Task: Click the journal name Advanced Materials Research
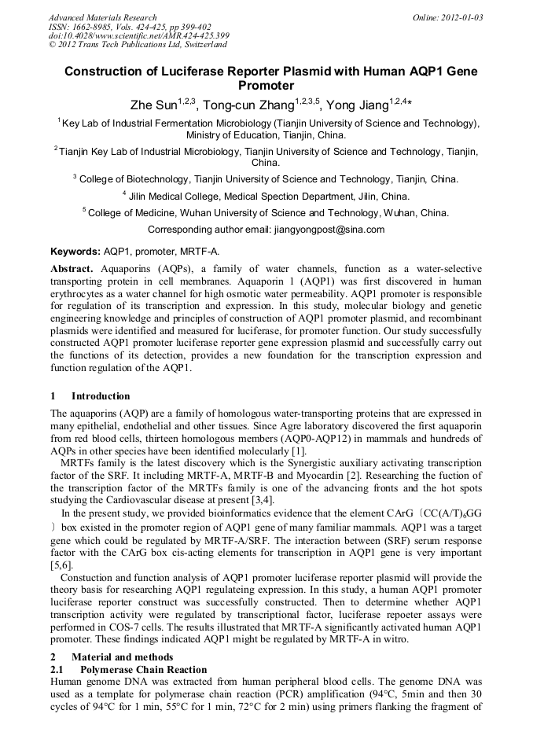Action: click(x=102, y=17)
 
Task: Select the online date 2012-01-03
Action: click(x=459, y=17)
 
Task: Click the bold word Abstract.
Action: click(x=72, y=269)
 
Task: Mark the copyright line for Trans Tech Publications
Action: click(x=138, y=46)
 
